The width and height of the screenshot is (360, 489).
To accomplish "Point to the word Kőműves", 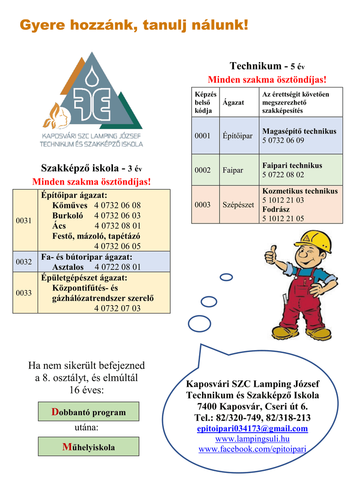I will [70, 205].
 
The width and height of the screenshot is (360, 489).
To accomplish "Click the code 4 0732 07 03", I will [117, 309].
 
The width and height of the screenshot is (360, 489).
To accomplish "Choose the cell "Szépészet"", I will [238, 205].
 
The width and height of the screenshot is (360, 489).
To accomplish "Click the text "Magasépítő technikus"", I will [299, 131].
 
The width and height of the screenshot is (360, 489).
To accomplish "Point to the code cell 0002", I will [202, 170].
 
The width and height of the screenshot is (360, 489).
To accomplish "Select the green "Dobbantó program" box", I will [89, 412].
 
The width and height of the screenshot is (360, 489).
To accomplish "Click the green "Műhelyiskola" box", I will [89, 447].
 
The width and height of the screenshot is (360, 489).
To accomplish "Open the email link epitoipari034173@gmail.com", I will [252, 429].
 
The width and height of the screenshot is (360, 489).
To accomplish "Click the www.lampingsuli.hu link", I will [252, 439].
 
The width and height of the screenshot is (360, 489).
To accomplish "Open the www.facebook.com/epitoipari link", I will [252, 449].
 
